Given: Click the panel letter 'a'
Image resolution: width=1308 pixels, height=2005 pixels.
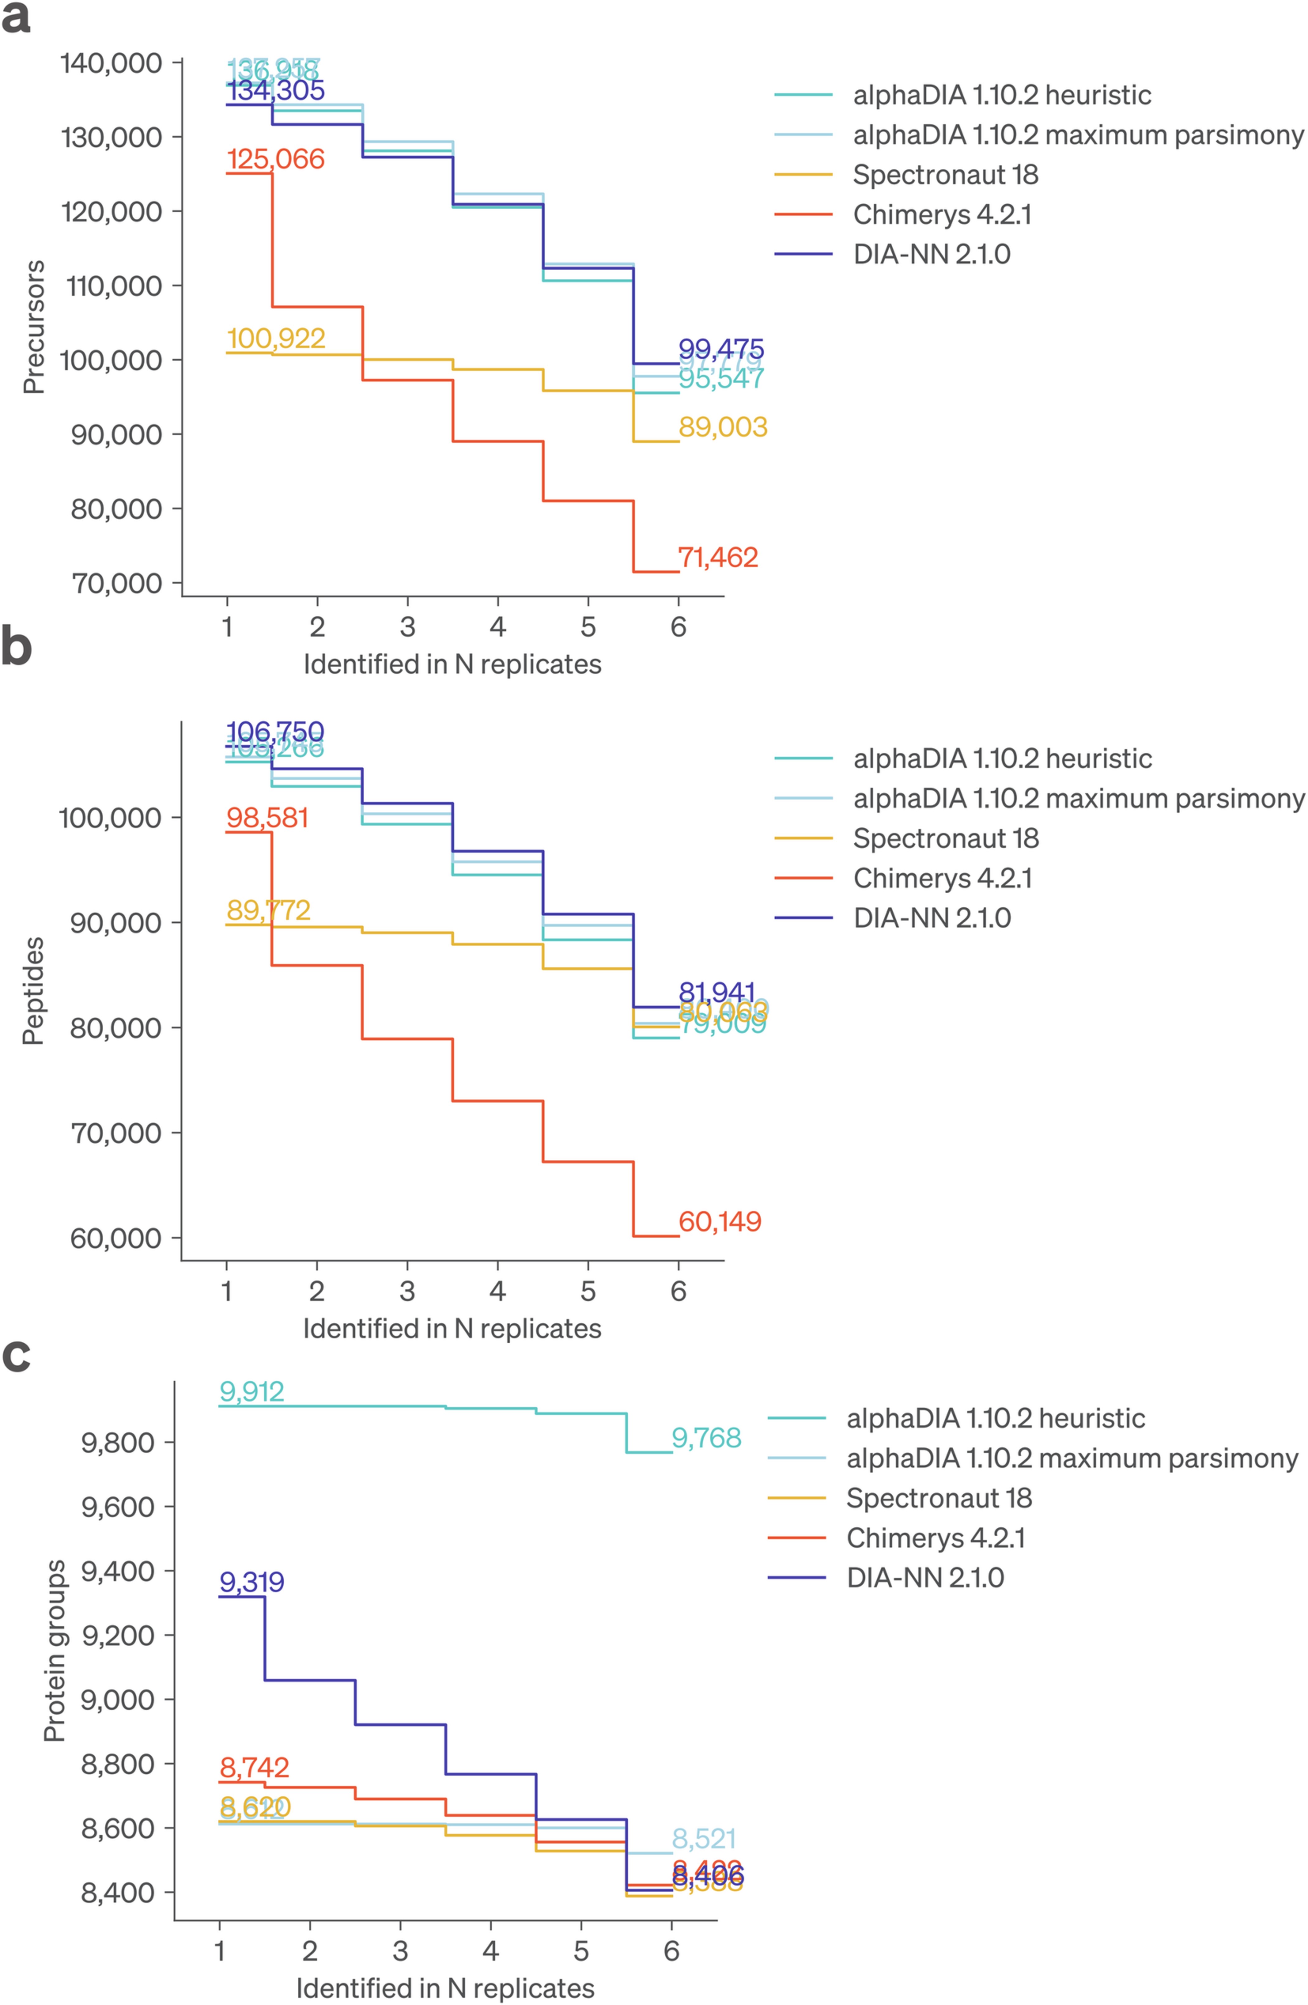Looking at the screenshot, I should pos(16,19).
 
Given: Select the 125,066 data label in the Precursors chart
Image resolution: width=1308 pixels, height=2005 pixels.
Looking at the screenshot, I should pos(276,159).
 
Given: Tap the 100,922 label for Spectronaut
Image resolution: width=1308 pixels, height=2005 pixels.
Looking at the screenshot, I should pos(276,339).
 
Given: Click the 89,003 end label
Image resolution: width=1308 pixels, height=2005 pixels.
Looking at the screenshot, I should pos(723,427).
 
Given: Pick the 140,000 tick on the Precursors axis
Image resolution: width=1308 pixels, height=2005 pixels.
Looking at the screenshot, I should pos(111,63).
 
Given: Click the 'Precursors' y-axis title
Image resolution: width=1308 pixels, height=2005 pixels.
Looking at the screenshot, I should pos(34,327).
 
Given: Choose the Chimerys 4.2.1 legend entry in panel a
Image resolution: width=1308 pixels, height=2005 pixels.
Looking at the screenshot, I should pos(942,215).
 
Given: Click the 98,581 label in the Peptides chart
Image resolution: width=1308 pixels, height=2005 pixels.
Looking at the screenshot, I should pos(267,818).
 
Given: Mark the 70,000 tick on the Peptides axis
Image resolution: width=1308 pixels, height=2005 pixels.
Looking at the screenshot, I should pos(115,1133).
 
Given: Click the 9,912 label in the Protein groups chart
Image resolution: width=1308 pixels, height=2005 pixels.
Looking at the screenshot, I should pos(252,1392).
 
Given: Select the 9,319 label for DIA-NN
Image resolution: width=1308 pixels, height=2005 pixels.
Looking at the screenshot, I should pos(252,1582).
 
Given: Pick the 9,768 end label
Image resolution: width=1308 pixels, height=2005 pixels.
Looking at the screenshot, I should pos(706,1438).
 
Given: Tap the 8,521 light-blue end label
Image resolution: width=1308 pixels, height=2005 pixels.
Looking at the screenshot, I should pos(704,1839).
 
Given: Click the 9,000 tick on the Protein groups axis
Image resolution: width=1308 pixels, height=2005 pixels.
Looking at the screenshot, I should pos(118,1699).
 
